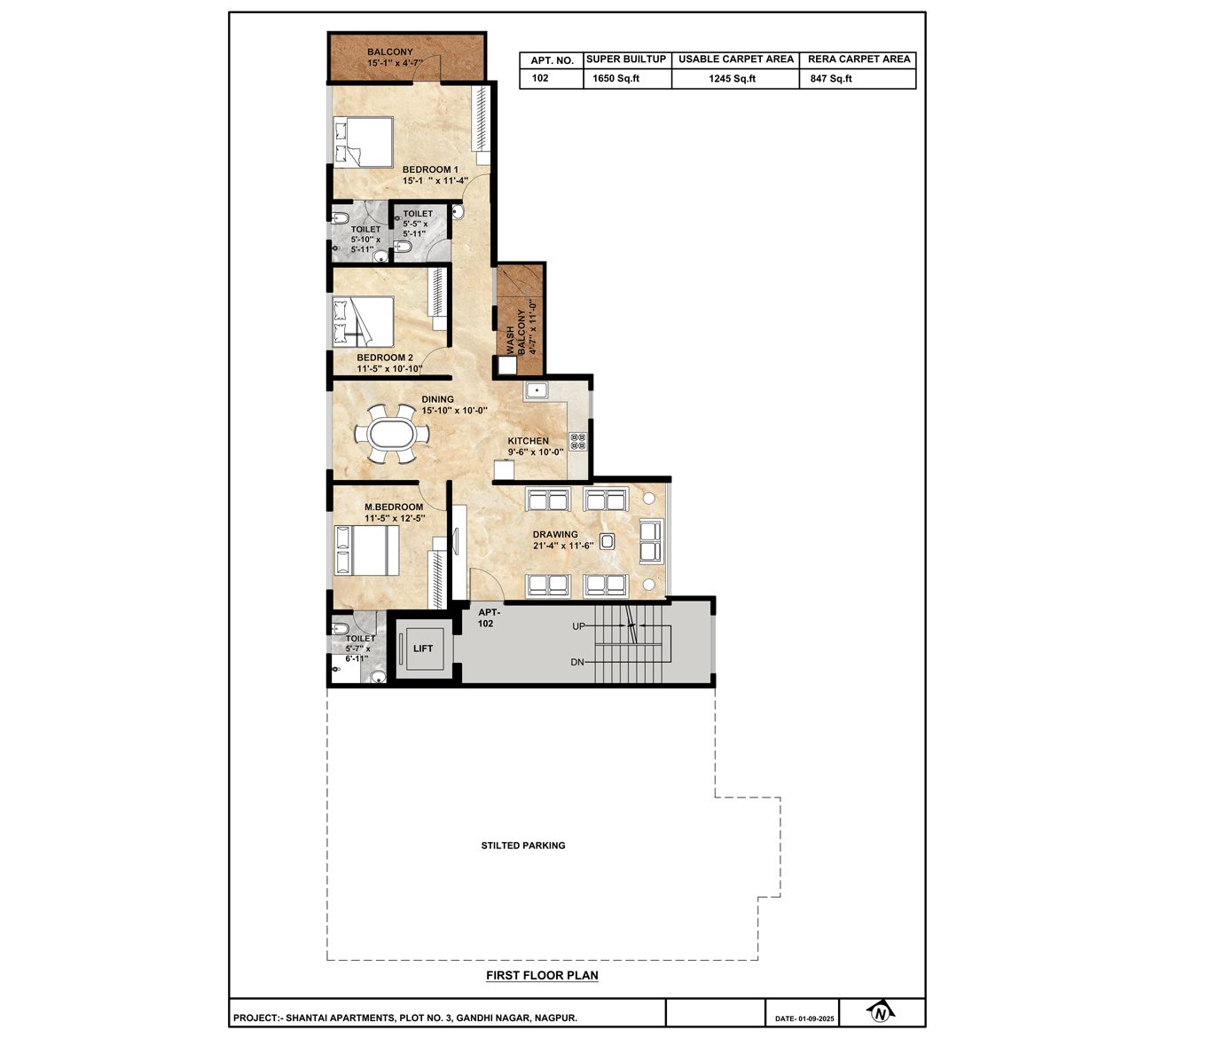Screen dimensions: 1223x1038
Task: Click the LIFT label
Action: tap(423, 649)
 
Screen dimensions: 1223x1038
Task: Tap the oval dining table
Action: tap(392, 435)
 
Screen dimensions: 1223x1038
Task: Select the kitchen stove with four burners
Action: tap(577, 441)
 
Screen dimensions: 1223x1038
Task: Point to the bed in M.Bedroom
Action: tap(367, 550)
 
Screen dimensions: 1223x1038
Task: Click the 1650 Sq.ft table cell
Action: tap(616, 78)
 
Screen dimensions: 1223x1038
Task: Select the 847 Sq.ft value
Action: tap(831, 78)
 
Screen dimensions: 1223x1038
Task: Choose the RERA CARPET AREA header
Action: tap(859, 59)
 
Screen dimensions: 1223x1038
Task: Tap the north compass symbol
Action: tap(881, 1014)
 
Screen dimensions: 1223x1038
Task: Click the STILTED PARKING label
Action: tap(523, 845)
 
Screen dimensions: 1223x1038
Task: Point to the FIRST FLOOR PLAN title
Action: tap(542, 975)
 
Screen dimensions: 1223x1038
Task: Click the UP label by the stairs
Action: tap(578, 626)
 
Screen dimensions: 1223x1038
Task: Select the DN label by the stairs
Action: tap(577, 662)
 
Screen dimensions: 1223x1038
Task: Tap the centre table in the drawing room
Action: tap(607, 541)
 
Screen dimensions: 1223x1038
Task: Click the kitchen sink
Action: tap(536, 391)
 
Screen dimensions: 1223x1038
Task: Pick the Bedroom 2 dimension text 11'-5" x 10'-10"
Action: tap(389, 369)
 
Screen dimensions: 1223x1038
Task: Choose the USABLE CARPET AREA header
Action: tap(736, 59)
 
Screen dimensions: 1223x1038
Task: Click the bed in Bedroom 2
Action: tap(364, 321)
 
